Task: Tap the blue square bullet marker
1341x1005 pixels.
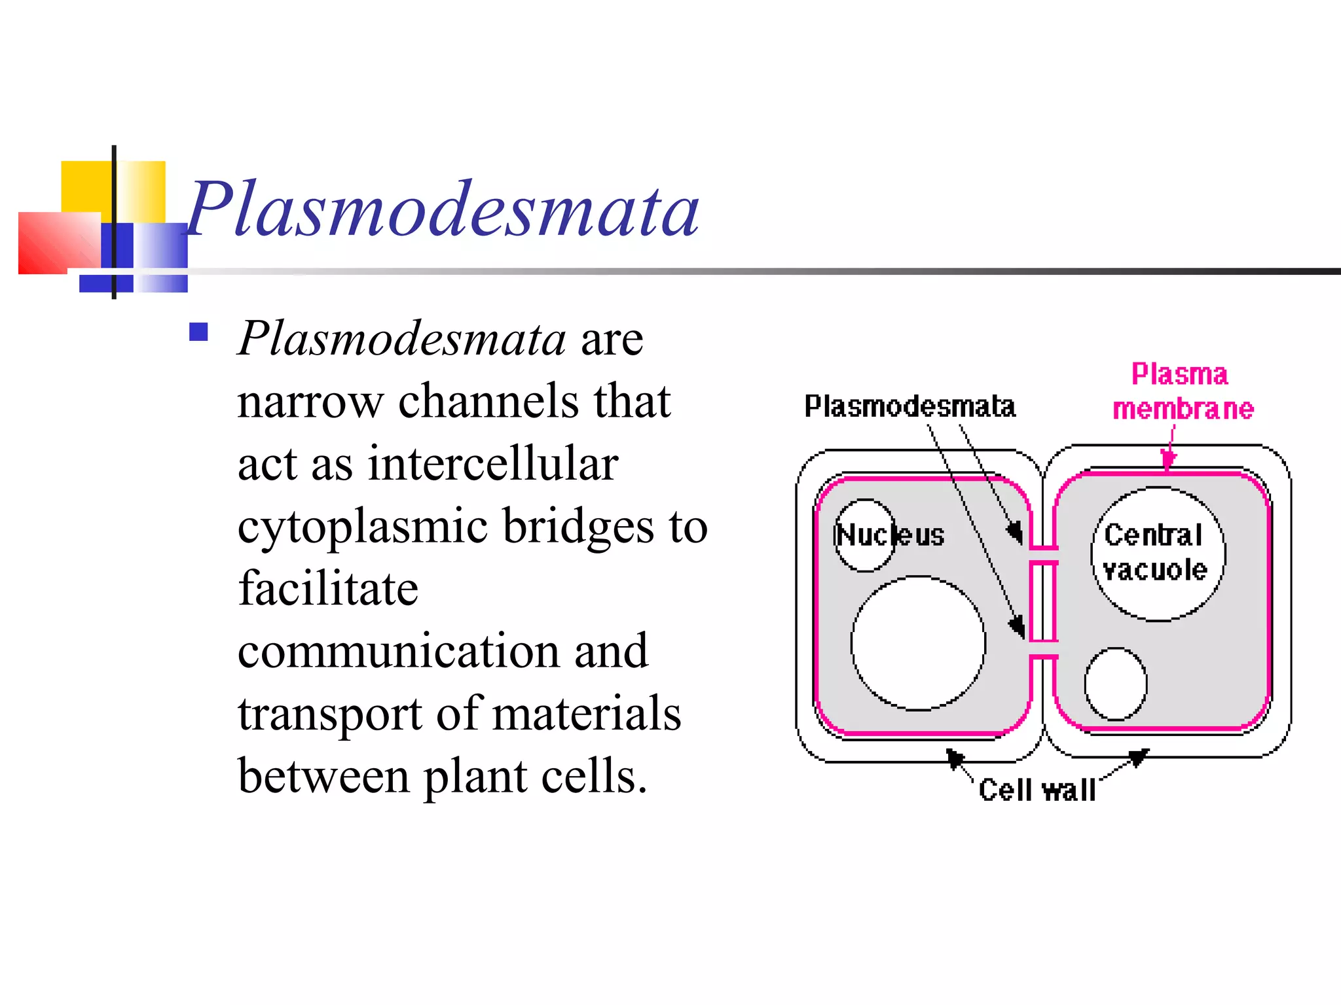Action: [198, 332]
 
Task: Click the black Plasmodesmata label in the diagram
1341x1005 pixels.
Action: [909, 406]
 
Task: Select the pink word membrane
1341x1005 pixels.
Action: [1183, 409]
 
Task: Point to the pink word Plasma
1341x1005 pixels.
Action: [1179, 374]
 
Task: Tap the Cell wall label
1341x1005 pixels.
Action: [1037, 790]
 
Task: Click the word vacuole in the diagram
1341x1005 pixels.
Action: [1155, 570]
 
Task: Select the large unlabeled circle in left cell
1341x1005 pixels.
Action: [918, 643]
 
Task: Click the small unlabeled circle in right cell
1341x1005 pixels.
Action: [1115, 684]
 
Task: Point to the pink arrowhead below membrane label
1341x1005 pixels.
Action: [1167, 461]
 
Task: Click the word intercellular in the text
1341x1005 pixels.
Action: [492, 463]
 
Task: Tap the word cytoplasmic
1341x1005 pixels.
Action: [362, 527]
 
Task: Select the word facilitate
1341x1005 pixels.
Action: [328, 588]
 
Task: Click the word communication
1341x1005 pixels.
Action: [397, 651]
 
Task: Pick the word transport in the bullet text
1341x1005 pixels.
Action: [329, 713]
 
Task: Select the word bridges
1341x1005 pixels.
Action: [578, 526]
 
